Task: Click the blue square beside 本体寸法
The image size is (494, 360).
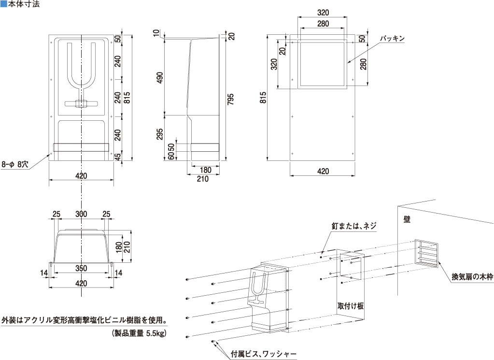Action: (4, 5)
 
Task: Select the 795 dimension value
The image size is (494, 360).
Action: (231, 99)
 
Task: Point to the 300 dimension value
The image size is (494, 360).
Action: (82, 214)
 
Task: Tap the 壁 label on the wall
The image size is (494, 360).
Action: (407, 218)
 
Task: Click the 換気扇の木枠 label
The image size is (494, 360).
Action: (472, 277)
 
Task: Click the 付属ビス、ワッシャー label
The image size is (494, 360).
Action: (263, 353)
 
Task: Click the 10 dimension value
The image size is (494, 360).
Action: (155, 33)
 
